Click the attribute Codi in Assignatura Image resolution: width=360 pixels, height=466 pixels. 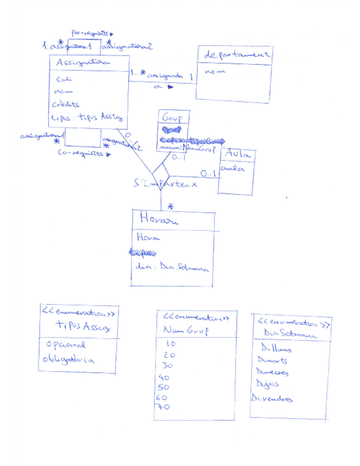tap(64, 79)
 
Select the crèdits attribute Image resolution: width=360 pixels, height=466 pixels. tap(66, 104)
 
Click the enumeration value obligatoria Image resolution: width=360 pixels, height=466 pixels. tap(69, 360)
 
